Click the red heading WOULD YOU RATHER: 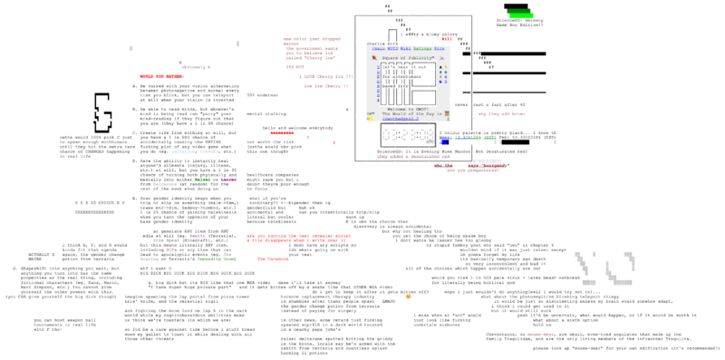click(x=166, y=77)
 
